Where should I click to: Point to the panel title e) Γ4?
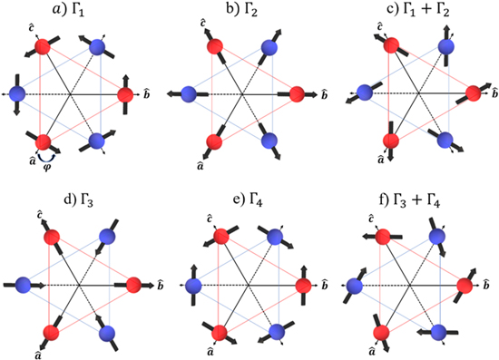(x=242, y=194)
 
